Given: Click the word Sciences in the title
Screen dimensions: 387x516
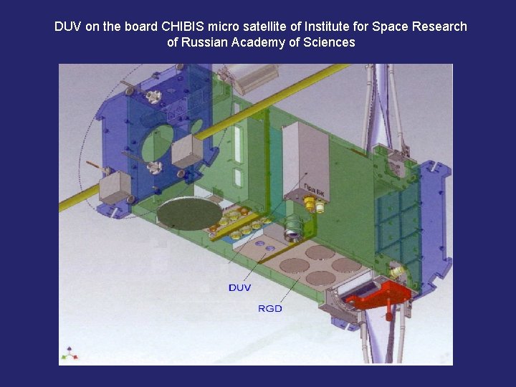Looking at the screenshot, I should pos(328,42).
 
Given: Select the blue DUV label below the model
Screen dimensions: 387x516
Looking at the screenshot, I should pos(240,287).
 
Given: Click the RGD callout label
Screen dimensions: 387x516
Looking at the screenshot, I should pos(270,308).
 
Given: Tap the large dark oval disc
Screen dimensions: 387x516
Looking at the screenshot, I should pos(190,214).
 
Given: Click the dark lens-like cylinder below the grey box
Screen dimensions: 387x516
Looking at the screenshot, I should pos(293,229).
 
